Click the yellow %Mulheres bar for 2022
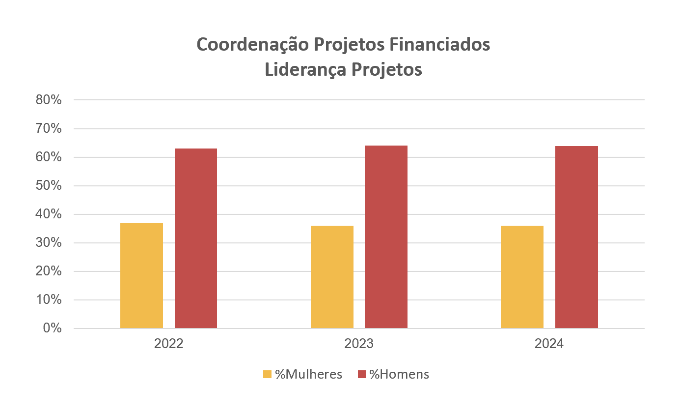click(x=141, y=275)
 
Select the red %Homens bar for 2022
click(x=196, y=238)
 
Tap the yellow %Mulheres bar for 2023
click(x=332, y=277)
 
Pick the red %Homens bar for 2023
click(x=386, y=237)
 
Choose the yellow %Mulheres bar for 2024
click(x=522, y=277)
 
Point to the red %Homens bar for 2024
click(x=576, y=237)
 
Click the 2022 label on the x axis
click(x=168, y=344)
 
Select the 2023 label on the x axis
click(x=359, y=344)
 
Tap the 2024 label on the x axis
click(x=549, y=344)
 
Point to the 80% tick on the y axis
click(x=49, y=100)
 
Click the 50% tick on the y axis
click(x=49, y=186)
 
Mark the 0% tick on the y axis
click(x=52, y=328)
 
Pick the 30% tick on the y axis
click(x=49, y=243)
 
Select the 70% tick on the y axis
click(x=49, y=129)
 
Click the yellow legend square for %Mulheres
click(x=268, y=375)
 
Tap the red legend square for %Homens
click(x=362, y=375)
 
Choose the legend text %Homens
click(x=399, y=374)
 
